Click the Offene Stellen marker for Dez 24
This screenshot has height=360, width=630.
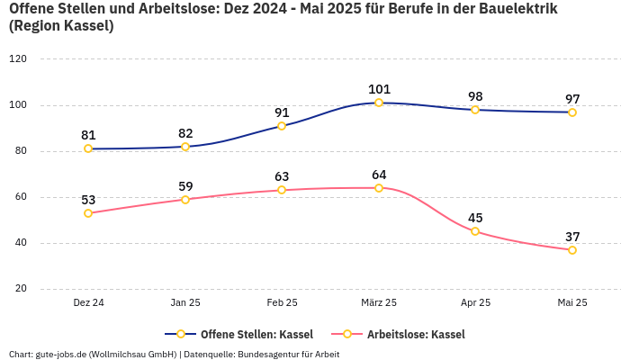coord(88,148)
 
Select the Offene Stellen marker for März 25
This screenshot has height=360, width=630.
coord(379,103)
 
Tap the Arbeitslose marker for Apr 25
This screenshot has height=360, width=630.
coord(475,231)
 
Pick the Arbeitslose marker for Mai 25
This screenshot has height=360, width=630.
coord(572,250)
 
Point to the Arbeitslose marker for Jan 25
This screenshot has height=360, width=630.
coord(185,200)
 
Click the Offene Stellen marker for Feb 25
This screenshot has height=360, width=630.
coord(282,126)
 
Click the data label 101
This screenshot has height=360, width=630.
coord(379,89)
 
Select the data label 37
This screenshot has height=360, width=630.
coord(572,237)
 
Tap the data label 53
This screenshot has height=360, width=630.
coord(88,200)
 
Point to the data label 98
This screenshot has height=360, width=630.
coord(475,96)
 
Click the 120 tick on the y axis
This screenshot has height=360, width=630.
coord(18,58)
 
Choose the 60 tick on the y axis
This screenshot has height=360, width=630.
coord(21,197)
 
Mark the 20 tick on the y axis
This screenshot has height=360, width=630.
coord(21,289)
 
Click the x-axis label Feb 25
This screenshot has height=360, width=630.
coord(282,303)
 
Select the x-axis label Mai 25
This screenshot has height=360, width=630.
coord(572,303)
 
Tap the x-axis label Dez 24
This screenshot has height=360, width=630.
coord(88,303)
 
